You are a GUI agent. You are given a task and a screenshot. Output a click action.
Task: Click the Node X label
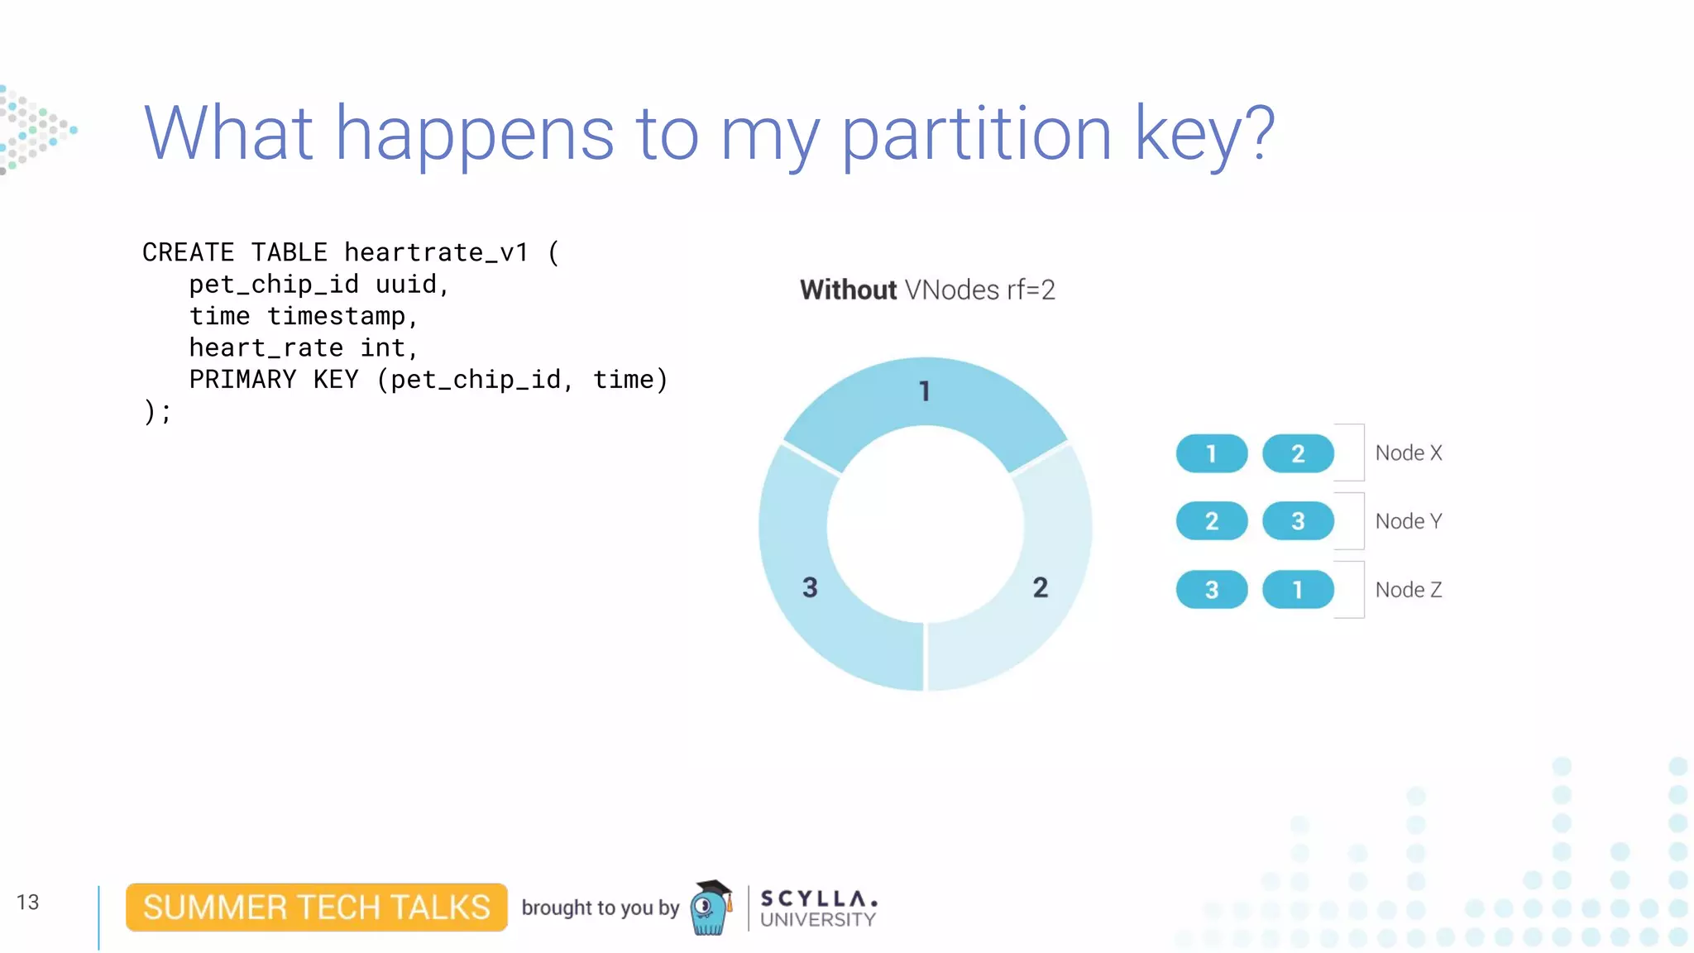[1408, 453]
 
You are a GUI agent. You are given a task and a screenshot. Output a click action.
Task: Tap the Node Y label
[1408, 521]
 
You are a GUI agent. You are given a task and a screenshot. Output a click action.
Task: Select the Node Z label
[1408, 590]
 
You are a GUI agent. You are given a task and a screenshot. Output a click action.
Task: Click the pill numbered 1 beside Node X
[1211, 453]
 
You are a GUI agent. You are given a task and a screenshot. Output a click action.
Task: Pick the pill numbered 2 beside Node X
[1297, 453]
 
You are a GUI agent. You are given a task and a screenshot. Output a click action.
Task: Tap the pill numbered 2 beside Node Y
[1211, 521]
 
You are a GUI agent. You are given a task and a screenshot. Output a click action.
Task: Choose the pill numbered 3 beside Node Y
[1297, 521]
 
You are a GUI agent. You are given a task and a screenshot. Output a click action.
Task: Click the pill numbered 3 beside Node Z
[1211, 590]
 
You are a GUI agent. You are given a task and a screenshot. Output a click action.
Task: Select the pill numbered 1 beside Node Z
[1297, 590]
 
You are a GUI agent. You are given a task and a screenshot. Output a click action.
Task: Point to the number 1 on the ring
[925, 391]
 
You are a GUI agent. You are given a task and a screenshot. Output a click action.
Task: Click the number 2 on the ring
[1040, 587]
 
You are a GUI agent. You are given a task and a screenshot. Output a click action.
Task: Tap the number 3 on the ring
[810, 587]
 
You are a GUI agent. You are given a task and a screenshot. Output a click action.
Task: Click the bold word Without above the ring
[848, 290]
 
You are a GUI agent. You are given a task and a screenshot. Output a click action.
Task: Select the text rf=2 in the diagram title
[1030, 290]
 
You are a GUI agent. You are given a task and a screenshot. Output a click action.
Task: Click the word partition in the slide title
[976, 134]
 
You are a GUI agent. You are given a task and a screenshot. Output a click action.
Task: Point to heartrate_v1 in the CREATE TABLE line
[436, 252]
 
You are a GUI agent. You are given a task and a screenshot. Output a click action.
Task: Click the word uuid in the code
[405, 285]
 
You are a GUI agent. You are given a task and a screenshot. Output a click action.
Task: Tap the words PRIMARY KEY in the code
[274, 380]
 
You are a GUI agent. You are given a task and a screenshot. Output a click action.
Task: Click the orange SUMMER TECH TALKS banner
[316, 908]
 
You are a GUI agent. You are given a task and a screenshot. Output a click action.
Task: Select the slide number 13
[27, 902]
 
